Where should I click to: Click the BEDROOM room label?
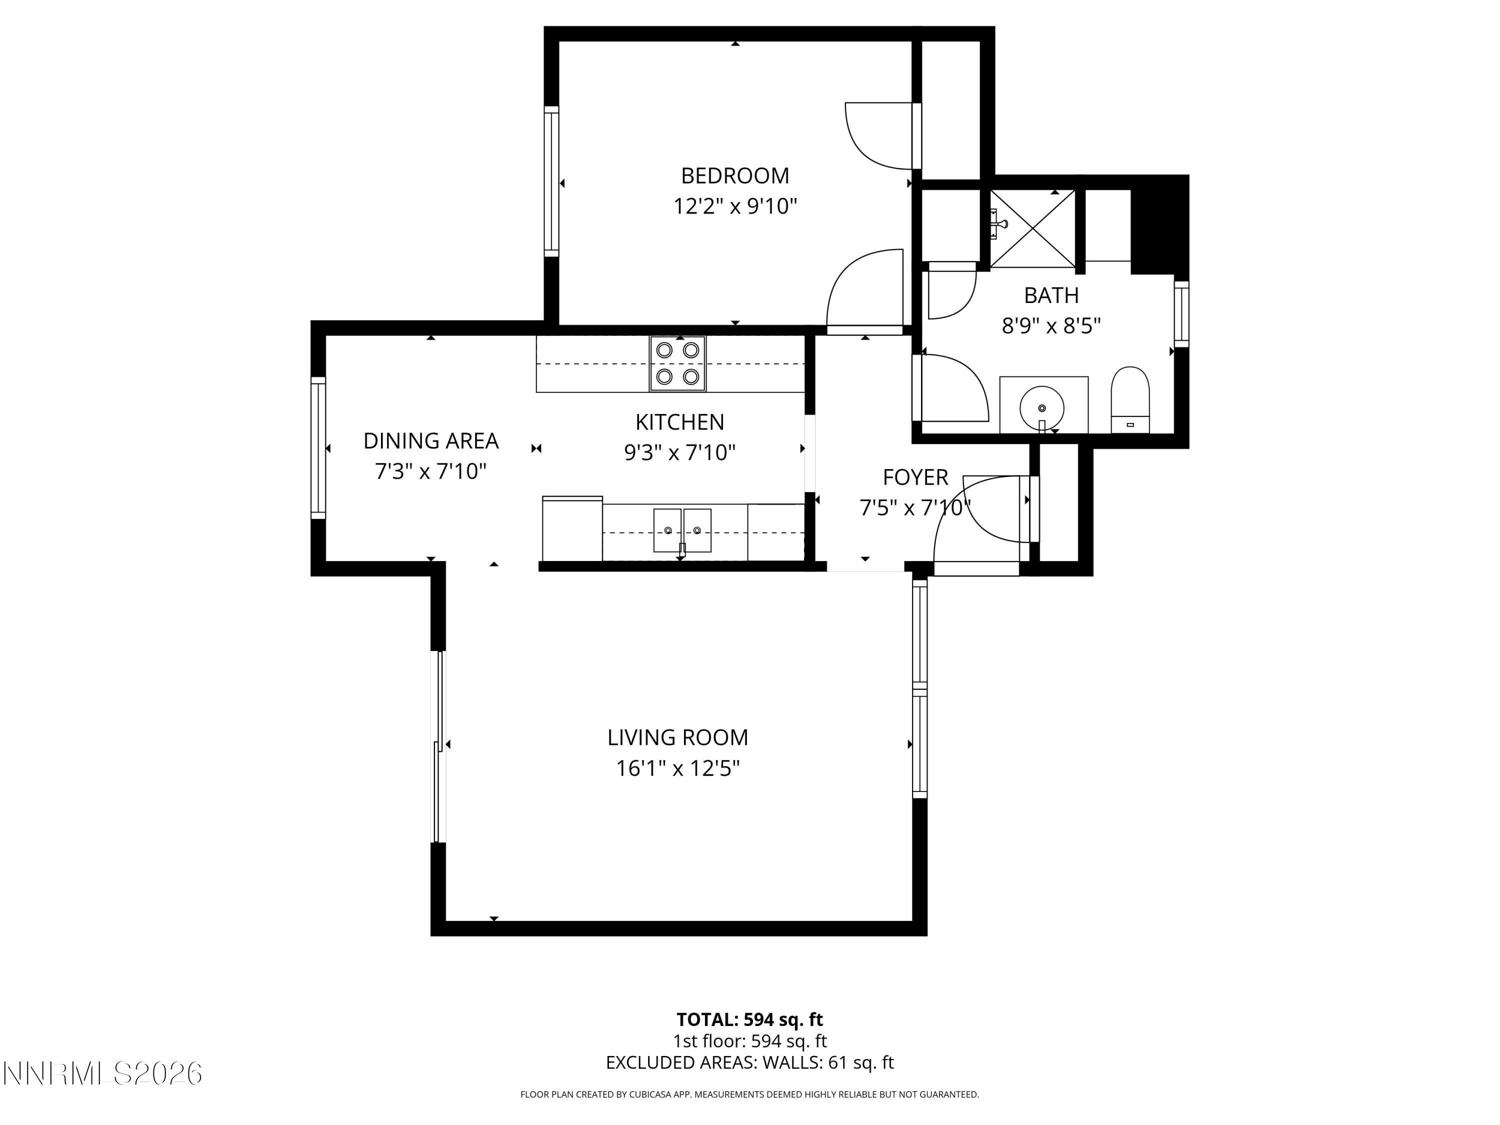pyautogui.click(x=734, y=175)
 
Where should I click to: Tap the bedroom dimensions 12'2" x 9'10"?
pyautogui.click(x=734, y=206)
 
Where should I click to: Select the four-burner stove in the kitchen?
pyautogui.click(x=677, y=363)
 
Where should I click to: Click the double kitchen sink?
pyautogui.click(x=682, y=530)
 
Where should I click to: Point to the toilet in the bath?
pyautogui.click(x=1129, y=400)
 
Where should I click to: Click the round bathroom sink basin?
pyautogui.click(x=1041, y=407)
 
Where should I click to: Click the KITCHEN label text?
pyautogui.click(x=679, y=422)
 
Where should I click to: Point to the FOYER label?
pyautogui.click(x=915, y=477)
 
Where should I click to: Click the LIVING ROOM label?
pyautogui.click(x=677, y=737)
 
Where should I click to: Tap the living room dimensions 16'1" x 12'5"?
pyautogui.click(x=677, y=768)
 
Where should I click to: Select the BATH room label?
pyautogui.click(x=1051, y=295)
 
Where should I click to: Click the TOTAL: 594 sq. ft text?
pyautogui.click(x=749, y=1019)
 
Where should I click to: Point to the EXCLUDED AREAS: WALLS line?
pyautogui.click(x=749, y=1062)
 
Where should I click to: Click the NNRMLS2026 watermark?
pyautogui.click(x=102, y=1073)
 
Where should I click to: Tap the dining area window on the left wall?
pyautogui.click(x=318, y=447)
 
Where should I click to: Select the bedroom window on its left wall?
pyautogui.click(x=551, y=181)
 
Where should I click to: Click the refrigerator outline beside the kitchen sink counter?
pyautogui.click(x=572, y=529)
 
